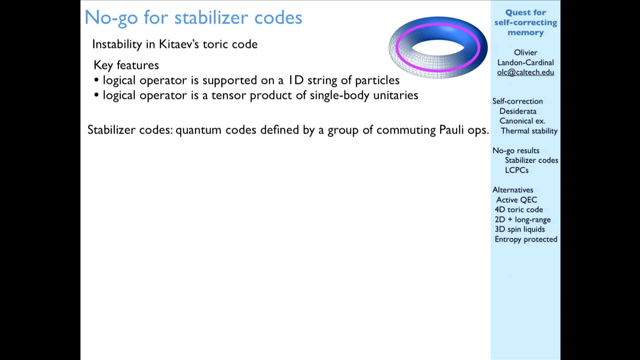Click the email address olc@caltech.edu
coord(526,73)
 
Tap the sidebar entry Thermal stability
coord(529,131)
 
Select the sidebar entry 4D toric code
coord(519,210)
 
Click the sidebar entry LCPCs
coord(517,170)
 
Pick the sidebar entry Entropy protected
coord(526,239)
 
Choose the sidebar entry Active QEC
coord(517,200)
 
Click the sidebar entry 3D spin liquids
coord(520,229)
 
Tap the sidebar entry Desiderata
coord(518,111)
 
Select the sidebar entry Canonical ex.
coord(522,121)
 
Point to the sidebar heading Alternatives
coord(513,190)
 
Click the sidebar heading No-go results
coord(516,151)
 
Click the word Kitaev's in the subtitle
coord(179,44)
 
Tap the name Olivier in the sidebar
coord(526,53)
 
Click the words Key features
coord(126,65)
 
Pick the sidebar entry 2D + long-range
coord(523,220)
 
